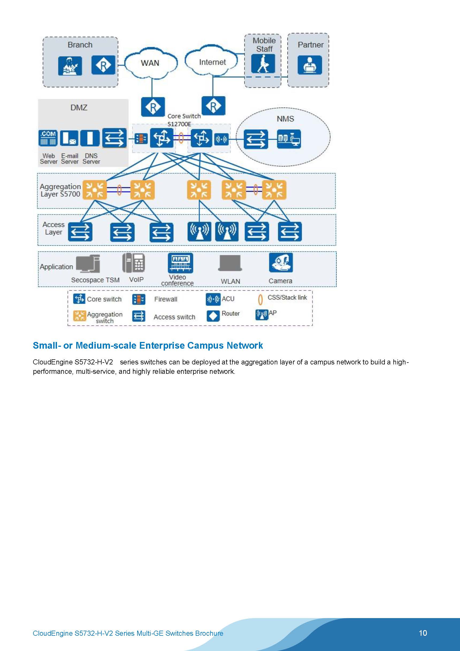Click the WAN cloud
pos(150,63)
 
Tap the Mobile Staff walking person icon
pos(263,64)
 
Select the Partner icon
pos(309,65)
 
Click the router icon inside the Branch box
pos(103,65)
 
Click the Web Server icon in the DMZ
pos(48,138)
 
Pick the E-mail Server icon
pos(69,138)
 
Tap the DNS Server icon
pos(90,138)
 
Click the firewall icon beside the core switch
pos(141,139)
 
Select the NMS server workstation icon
pos(289,139)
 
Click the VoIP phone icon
pos(134,263)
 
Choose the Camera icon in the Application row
pos(281,262)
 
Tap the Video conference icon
pos(180,262)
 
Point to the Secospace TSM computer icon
pos(88,264)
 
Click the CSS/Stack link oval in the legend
pos(260,300)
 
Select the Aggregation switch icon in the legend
pos(79,315)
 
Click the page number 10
pos(423,633)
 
